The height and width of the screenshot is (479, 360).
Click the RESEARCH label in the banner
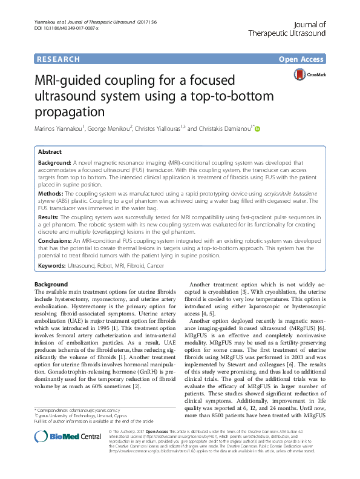pos(58,59)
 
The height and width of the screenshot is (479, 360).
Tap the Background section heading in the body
pos(51,285)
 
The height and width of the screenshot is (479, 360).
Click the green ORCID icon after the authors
pos(257,129)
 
